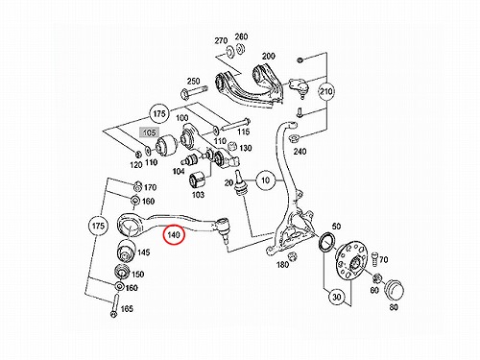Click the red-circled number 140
point(174,235)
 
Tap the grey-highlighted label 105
point(149,132)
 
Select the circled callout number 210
point(326,91)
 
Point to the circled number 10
point(265,180)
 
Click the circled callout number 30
point(336,297)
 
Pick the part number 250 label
point(193,81)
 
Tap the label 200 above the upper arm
point(268,57)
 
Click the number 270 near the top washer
point(221,40)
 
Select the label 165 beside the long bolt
point(127,309)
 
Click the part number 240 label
point(300,151)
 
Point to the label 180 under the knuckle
point(282,265)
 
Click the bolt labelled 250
point(194,91)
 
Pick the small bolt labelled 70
point(375,259)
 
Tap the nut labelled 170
point(137,186)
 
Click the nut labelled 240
point(293,139)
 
